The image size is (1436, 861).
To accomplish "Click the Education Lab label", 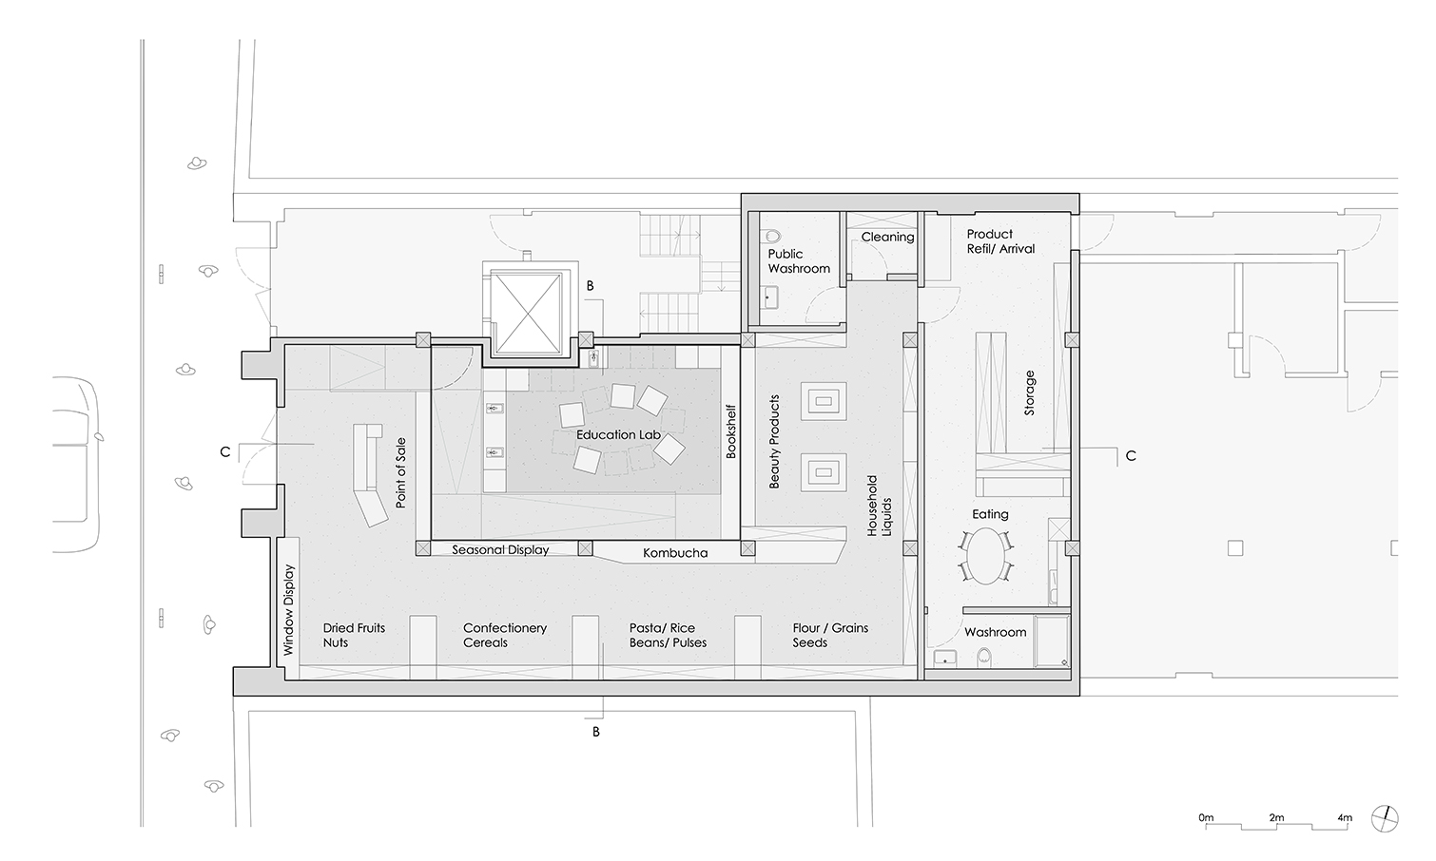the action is click(x=618, y=435).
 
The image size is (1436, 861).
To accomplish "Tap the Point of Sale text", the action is click(x=400, y=472).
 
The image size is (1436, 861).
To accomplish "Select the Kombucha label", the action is click(x=675, y=553).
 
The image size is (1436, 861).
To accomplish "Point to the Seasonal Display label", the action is click(x=500, y=549).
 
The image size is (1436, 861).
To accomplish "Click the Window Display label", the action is click(x=288, y=610).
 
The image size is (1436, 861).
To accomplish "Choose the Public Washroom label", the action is click(x=799, y=261).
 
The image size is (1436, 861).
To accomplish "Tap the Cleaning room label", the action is click(x=887, y=237).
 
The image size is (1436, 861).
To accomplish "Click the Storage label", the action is click(x=1030, y=392).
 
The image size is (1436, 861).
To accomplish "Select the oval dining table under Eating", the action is click(x=986, y=556).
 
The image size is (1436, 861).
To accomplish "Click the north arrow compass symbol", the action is click(x=1384, y=819).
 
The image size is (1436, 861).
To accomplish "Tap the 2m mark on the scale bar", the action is click(x=1275, y=817).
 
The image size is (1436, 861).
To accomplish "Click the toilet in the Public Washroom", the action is click(x=773, y=237).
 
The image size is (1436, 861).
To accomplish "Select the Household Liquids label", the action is click(x=880, y=506).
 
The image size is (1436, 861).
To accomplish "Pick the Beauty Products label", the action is click(x=774, y=441).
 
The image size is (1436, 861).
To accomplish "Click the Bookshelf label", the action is click(x=730, y=431).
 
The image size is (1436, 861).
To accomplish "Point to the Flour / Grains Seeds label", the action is click(x=830, y=635).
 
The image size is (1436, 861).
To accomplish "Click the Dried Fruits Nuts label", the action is click(x=354, y=635).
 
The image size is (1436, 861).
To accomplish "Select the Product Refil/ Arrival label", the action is click(x=1000, y=241).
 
